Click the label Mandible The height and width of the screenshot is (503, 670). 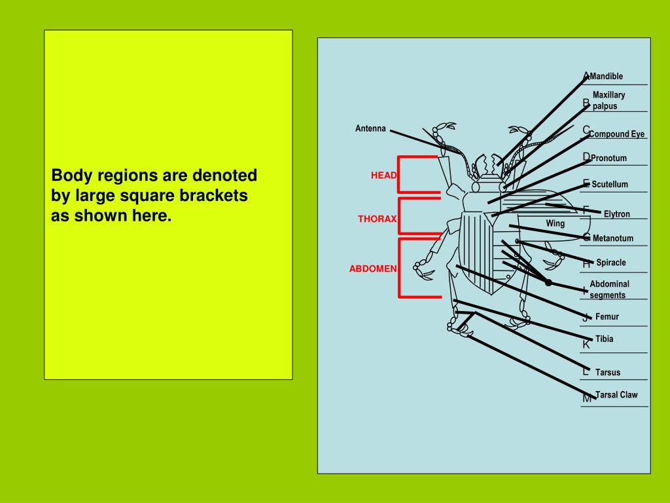coord(607,77)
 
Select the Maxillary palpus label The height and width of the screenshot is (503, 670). coord(608,100)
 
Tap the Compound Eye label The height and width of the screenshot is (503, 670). coord(616,134)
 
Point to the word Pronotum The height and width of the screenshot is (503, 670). coord(608,158)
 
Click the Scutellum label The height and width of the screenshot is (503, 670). coord(610,185)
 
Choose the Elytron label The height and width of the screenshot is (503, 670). coord(616,214)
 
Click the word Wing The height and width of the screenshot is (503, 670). coord(555,223)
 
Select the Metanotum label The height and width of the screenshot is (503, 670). coord(613,238)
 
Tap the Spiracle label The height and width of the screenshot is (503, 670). coord(611,263)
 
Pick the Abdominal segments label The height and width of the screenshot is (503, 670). coord(609,289)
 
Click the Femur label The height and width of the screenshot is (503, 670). coord(607,317)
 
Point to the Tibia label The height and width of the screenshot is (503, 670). coord(605,339)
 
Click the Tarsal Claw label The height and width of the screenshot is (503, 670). coord(616,395)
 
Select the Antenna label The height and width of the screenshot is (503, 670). coord(370,128)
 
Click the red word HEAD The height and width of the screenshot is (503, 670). coord(384,176)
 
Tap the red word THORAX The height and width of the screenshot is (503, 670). coord(377,219)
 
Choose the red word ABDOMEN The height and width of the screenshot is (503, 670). coord(372,269)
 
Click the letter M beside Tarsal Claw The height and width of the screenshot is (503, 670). coord(587,398)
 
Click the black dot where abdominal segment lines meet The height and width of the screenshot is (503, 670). coord(548,282)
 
